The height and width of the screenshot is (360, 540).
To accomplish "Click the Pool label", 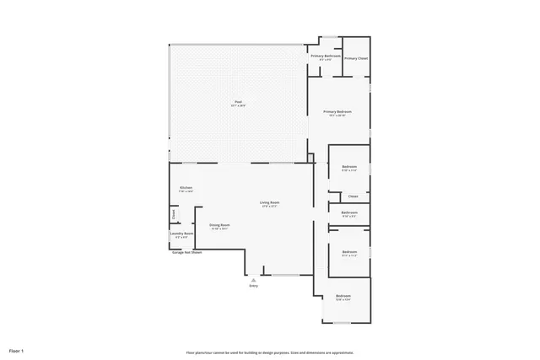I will click(238, 102).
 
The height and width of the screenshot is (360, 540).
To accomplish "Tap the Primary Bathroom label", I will click(325, 56).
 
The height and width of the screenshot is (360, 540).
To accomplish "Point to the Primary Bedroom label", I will click(337, 111).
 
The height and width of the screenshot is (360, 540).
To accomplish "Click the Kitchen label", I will click(186, 187).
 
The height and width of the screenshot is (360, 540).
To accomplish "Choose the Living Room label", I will click(269, 202).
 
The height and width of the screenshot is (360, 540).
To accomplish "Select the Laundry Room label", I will click(184, 233).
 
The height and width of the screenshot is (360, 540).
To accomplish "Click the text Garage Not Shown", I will click(186, 252).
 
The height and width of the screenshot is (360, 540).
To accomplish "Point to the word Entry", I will click(253, 286).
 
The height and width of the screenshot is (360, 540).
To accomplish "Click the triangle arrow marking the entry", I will click(253, 279).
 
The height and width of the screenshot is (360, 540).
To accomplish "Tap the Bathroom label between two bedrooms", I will click(349, 212).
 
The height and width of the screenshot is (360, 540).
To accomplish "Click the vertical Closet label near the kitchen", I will click(174, 214).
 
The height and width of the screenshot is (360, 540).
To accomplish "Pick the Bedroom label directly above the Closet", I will click(349, 167).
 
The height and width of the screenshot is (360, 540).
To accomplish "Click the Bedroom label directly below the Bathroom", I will click(349, 251).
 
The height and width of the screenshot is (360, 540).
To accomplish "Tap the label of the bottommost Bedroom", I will click(343, 296).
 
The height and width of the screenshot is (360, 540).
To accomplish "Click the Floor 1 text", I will click(17, 350).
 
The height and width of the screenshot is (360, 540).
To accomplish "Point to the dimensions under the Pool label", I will click(238, 106).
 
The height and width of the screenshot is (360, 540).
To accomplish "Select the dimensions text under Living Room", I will click(269, 207).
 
